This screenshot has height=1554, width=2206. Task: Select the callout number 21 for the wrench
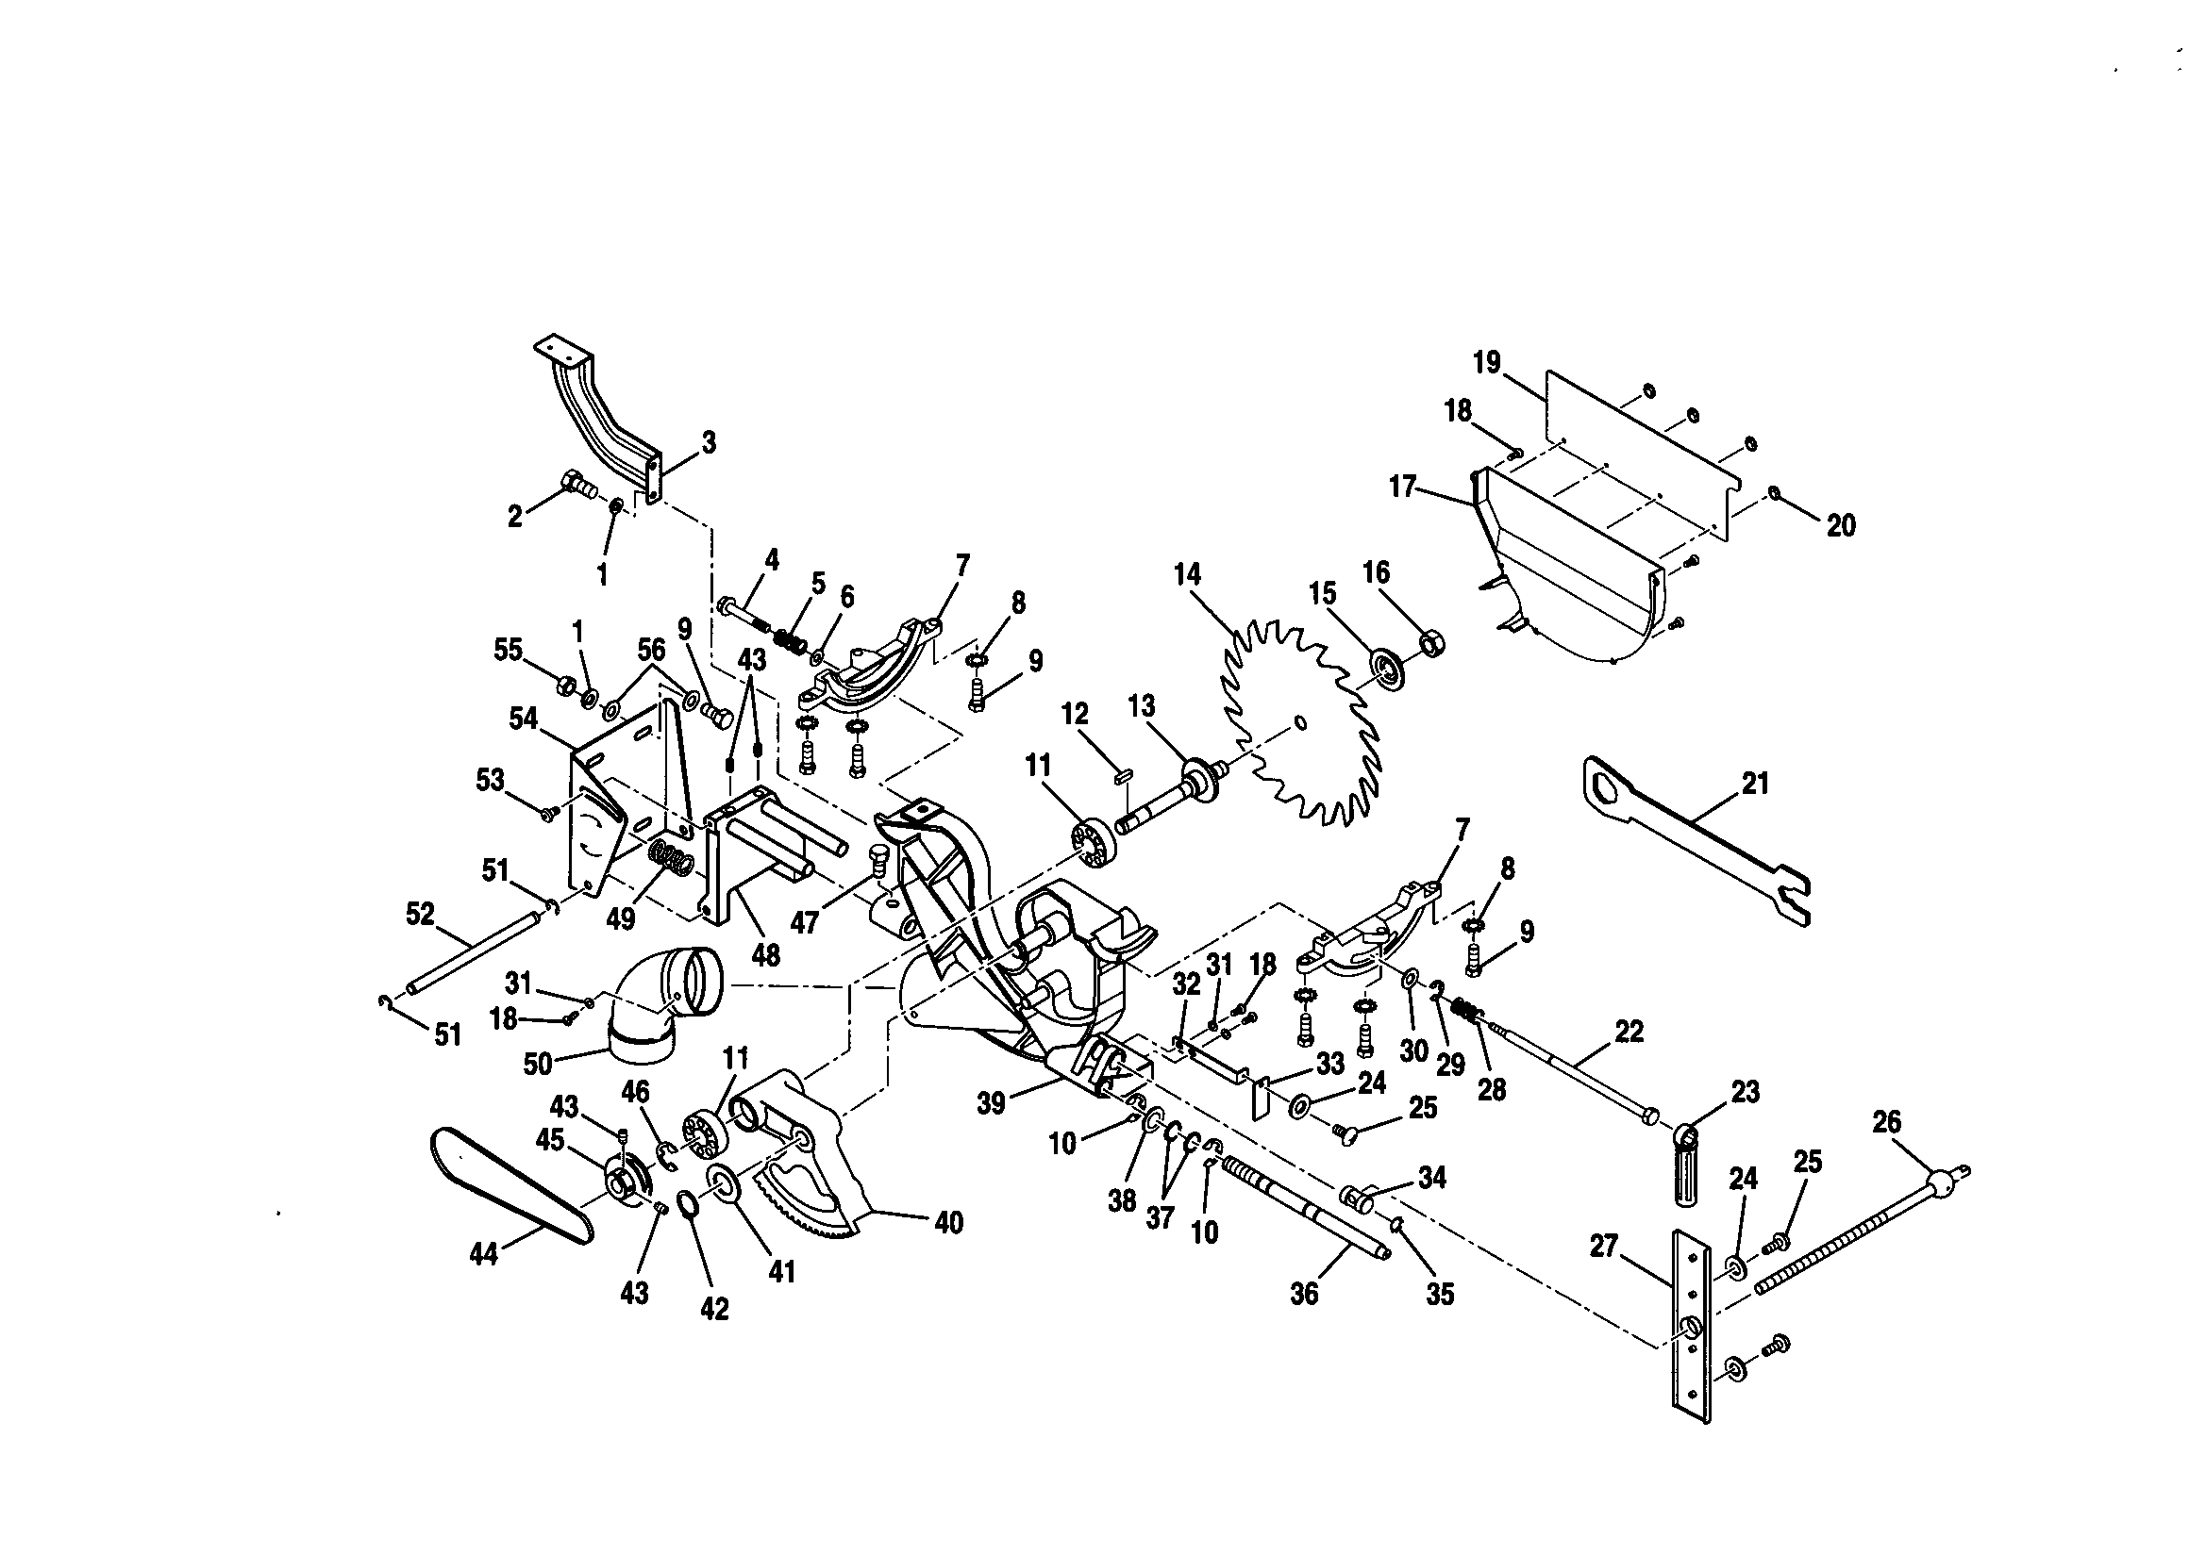click(x=1755, y=784)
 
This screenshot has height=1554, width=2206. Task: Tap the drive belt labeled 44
click(x=510, y=1191)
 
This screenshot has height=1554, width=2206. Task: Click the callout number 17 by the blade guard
click(x=1402, y=487)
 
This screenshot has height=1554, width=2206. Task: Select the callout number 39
click(x=991, y=1103)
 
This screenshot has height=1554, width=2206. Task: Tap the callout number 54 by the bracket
click(x=523, y=719)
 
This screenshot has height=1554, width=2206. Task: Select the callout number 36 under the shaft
click(x=1304, y=1294)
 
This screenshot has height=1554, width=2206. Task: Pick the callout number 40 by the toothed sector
click(x=948, y=1223)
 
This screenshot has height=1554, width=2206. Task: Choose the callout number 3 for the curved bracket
click(x=708, y=443)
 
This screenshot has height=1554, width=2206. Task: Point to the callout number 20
click(x=1840, y=525)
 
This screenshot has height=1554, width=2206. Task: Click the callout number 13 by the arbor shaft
click(x=1141, y=707)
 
